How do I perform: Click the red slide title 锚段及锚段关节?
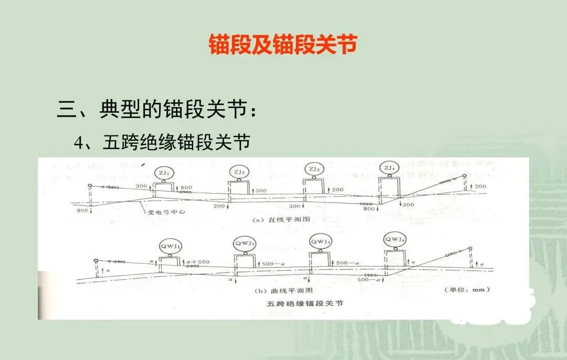pyautogui.click(x=283, y=45)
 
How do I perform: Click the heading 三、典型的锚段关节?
pyautogui.click(x=157, y=111)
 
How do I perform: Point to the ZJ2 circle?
pyautogui.click(x=239, y=172)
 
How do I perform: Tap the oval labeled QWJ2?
pyautogui.click(x=245, y=243)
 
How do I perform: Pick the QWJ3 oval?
pyautogui.click(x=320, y=241)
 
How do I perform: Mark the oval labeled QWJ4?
pyautogui.click(x=395, y=240)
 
